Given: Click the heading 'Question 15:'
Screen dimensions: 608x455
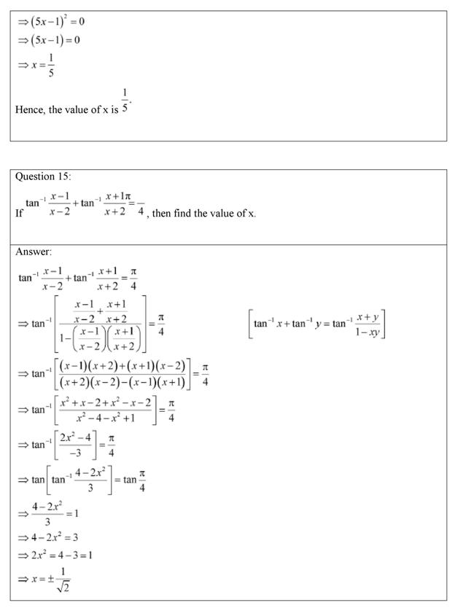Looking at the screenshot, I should pyautogui.click(x=43, y=176).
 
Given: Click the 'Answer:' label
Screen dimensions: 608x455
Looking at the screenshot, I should pyautogui.click(x=34, y=252).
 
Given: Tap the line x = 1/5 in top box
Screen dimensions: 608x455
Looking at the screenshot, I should pyautogui.click(x=37, y=65).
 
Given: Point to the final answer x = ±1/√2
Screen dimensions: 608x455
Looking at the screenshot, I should pyautogui.click(x=48, y=580).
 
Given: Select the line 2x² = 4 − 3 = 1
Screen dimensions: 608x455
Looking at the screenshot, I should pyautogui.click(x=56, y=556).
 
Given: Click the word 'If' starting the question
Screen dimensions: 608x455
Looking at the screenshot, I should pyautogui.click(x=19, y=214).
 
